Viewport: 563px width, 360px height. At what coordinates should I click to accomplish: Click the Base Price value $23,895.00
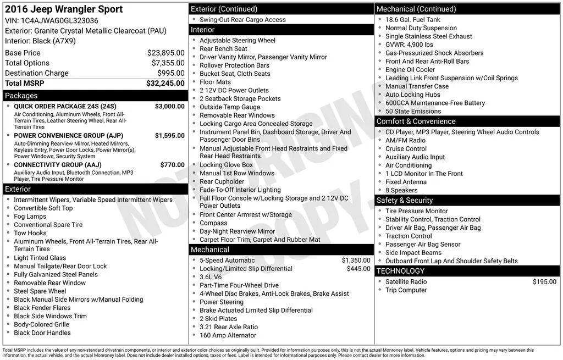click(x=165, y=53)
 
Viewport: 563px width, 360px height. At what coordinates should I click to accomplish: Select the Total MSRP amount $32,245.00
click(x=165, y=84)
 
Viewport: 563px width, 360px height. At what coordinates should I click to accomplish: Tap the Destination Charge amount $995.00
click(x=170, y=73)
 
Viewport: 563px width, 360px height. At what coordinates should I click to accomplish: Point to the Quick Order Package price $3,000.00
click(x=169, y=106)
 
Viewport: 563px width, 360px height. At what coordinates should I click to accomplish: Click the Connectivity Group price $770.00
click(x=172, y=164)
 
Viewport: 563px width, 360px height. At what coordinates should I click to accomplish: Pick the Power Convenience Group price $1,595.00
click(x=169, y=135)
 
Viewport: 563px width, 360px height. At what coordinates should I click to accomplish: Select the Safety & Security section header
click(x=404, y=200)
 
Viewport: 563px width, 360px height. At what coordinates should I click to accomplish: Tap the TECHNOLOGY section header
click(x=400, y=271)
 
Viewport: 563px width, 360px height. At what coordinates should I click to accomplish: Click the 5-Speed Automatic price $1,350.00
click(x=356, y=261)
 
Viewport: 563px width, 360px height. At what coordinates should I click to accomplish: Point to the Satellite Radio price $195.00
click(x=544, y=282)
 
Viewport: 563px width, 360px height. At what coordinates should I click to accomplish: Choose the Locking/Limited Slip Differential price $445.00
click(x=358, y=269)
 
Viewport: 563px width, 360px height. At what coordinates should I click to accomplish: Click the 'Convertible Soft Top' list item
click(x=43, y=208)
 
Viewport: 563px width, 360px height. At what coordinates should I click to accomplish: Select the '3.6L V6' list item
click(x=211, y=277)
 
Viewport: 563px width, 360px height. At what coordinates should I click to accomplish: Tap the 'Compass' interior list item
click(x=213, y=223)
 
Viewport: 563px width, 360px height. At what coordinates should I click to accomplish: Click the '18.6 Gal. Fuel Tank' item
click(x=412, y=20)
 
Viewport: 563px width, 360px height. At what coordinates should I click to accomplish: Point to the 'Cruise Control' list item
click(x=406, y=148)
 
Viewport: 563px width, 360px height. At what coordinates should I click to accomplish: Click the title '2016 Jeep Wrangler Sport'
click(x=64, y=9)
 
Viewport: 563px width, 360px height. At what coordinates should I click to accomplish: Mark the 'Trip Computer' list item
click(x=406, y=290)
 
